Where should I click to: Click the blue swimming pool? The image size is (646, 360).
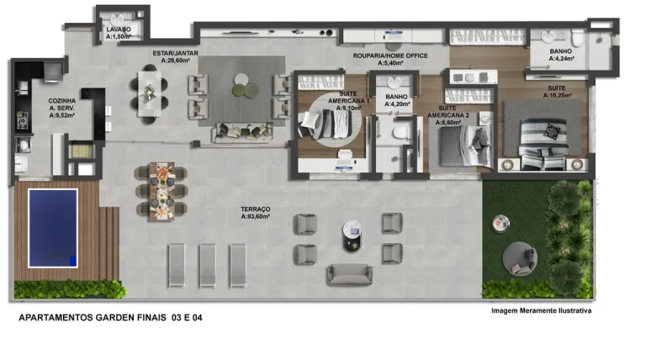[53, 228]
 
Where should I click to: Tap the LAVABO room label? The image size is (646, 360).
[119, 29]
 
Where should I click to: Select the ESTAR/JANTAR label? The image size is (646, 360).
[176, 53]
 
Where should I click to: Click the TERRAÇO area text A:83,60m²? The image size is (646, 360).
[256, 216]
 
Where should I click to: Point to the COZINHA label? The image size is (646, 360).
[61, 100]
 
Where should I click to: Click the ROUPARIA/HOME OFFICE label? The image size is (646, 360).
[390, 56]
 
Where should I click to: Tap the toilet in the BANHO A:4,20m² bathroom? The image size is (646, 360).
[400, 133]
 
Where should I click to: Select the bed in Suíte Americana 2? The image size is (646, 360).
[465, 146]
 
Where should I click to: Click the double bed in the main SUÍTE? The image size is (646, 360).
[543, 143]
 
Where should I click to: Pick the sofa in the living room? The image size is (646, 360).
[242, 132]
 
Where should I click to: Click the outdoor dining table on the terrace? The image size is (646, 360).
[161, 191]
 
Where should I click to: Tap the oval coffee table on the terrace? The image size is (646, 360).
[352, 236]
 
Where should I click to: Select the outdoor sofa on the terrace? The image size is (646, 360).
[349, 275]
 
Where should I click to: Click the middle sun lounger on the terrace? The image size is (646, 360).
[207, 265]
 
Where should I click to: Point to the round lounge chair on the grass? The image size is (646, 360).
[520, 259]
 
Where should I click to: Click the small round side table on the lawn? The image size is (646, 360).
[500, 224]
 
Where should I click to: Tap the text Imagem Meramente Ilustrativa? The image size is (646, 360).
[542, 310]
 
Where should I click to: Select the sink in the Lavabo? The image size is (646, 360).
[118, 20]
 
